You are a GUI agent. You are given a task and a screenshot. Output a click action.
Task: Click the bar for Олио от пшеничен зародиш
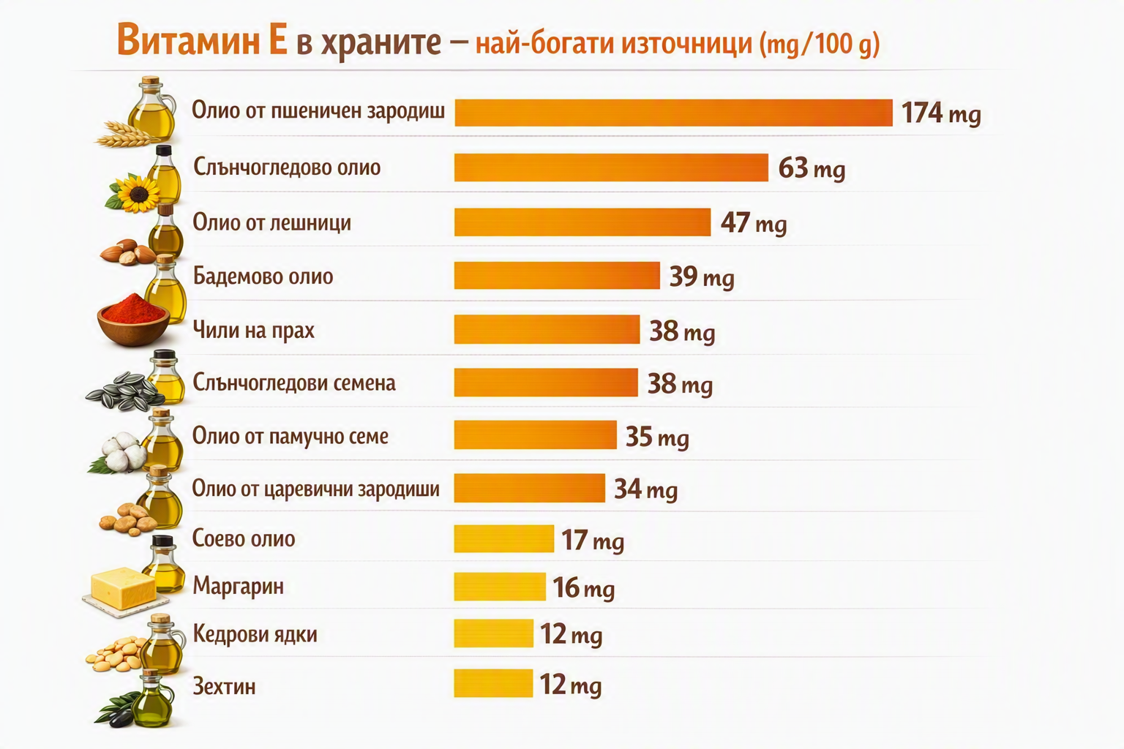[x=673, y=113]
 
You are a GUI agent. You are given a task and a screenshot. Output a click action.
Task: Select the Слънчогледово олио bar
[x=611, y=167]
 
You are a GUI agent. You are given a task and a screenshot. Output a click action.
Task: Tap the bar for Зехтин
[x=493, y=682]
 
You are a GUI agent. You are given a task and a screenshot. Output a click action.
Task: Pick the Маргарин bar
[x=500, y=587]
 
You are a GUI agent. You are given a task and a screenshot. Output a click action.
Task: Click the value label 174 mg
[x=941, y=113]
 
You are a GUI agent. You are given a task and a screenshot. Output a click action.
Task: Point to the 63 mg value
[x=812, y=168]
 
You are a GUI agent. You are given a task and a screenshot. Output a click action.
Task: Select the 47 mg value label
[x=754, y=223]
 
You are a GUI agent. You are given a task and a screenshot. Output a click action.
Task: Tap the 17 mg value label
[x=593, y=541]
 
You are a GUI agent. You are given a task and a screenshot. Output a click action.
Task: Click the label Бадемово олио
[x=263, y=276]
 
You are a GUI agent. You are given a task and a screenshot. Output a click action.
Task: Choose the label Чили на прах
[x=254, y=331]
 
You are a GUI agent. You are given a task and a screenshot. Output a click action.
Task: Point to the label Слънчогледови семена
[x=295, y=383]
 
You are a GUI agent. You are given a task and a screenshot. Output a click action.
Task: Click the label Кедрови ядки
[x=255, y=634]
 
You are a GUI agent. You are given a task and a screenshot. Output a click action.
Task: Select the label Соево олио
[x=244, y=538]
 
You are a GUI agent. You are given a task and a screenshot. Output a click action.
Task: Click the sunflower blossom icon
[x=137, y=193]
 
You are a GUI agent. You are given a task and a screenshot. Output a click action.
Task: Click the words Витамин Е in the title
[x=202, y=40]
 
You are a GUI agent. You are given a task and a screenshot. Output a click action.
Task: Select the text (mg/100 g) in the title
[x=820, y=44]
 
